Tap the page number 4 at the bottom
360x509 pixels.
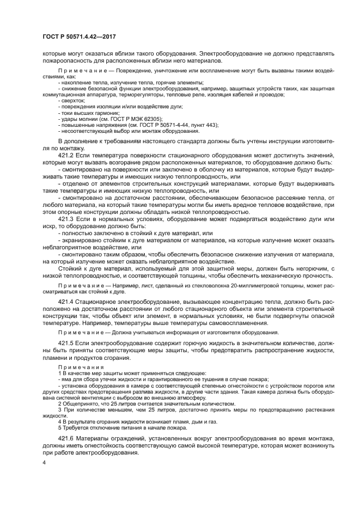[x=45, y=462]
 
